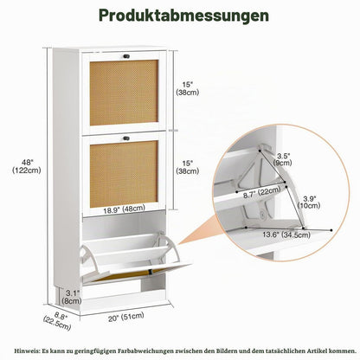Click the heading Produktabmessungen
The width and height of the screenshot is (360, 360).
183,16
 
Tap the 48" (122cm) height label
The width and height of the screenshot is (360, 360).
27,166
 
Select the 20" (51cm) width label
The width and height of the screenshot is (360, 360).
126,317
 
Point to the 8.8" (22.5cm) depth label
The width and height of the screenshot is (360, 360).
58,321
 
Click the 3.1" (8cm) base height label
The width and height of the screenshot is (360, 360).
72,297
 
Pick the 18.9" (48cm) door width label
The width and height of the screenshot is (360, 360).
124,209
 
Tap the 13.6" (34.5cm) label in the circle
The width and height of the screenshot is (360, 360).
286,235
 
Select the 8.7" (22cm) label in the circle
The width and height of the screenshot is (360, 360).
261,193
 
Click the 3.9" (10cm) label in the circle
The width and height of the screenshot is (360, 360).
309,202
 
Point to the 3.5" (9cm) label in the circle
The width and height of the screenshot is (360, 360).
283,159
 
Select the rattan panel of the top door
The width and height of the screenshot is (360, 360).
124,93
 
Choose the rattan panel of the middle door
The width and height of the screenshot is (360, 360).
124,174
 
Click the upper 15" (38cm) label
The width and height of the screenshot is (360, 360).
188,88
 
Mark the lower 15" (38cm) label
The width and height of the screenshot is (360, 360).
188,167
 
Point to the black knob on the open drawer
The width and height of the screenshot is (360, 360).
151,272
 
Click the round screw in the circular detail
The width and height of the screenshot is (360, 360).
262,214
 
